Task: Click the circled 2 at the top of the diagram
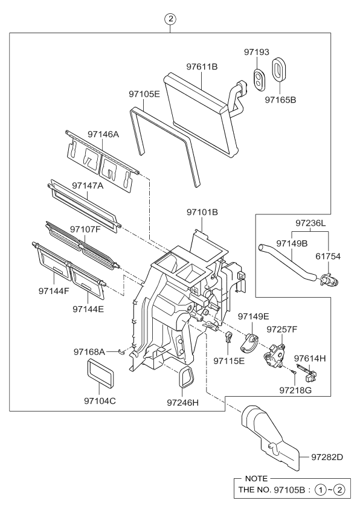click(170, 19)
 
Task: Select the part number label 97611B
click(202, 66)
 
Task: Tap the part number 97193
click(257, 52)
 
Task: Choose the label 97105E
click(144, 94)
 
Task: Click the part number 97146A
click(103, 134)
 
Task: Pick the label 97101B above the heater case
click(202, 213)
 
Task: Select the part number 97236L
click(310, 223)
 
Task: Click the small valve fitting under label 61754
click(329, 280)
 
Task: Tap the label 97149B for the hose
click(292, 243)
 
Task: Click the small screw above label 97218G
click(292, 371)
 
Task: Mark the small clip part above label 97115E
click(230, 337)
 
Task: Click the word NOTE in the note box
click(256, 478)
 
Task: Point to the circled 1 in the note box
click(321, 490)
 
